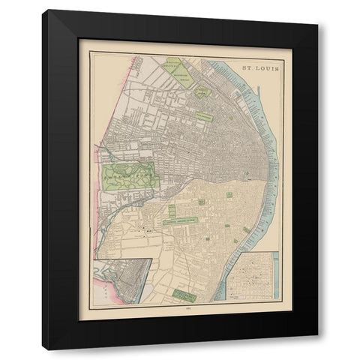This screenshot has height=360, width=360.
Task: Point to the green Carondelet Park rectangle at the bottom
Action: (x=184, y=295)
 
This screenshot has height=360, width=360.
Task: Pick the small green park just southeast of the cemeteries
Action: (x=201, y=91)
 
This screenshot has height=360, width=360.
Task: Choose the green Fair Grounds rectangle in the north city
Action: (x=203, y=116)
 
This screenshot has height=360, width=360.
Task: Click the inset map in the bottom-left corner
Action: (x=121, y=280)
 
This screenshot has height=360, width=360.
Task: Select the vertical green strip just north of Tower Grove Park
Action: (x=172, y=211)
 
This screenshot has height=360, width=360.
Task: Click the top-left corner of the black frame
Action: (x=44, y=12)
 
